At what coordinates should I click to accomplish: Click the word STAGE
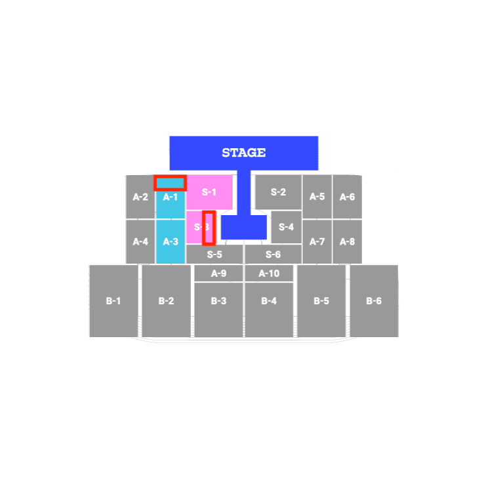point(243,153)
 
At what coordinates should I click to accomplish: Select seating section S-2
point(278,192)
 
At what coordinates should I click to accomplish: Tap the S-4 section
point(286,227)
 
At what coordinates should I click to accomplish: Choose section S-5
point(214,254)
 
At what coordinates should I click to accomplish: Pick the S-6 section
point(273,254)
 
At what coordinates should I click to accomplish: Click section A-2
point(140,197)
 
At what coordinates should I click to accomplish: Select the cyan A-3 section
point(171,241)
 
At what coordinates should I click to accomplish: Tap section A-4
point(140,241)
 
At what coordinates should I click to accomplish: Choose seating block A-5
point(317,197)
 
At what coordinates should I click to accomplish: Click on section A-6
point(348,197)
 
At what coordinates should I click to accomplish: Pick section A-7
point(317,241)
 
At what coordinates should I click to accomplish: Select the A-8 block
point(348,241)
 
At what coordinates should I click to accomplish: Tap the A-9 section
point(219,273)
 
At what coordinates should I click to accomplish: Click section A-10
point(269,273)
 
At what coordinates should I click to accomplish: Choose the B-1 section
point(113,301)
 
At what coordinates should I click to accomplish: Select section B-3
point(219,301)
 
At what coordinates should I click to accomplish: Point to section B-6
point(374,301)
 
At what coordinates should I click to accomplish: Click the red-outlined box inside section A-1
point(170,182)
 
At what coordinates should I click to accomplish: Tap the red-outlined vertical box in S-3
point(209,228)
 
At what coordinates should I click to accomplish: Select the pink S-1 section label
point(209,192)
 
